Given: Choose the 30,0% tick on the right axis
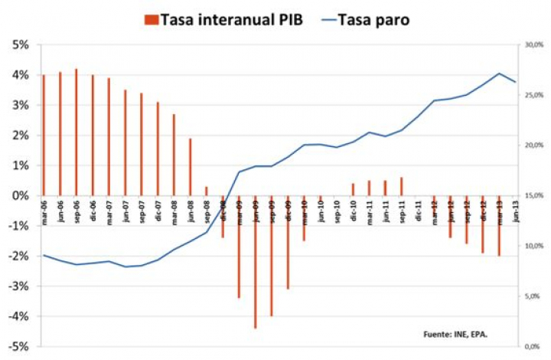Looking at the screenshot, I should click(533, 45).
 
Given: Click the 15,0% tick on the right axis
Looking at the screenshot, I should click(533, 195).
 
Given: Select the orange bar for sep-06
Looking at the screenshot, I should click(77, 132).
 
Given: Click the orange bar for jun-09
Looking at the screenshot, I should click(256, 261).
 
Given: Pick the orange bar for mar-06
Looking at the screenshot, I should click(44, 135).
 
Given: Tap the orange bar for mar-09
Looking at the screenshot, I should click(240, 246).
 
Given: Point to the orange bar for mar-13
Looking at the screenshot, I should click(499, 225).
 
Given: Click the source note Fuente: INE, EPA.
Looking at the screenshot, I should click(455, 334).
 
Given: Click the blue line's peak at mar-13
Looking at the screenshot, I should click(499, 74).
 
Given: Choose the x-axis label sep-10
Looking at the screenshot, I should click(337, 210).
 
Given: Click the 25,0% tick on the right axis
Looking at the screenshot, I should click(533, 95).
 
